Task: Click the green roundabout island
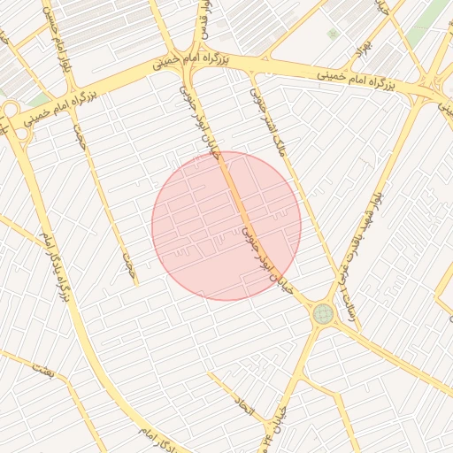[323, 313]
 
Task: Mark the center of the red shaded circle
[226, 226]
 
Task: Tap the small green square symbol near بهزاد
[333, 34]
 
